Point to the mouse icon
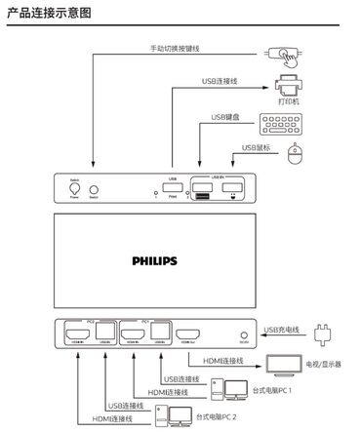(302, 157)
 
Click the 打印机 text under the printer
(288, 102)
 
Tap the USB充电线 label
(281, 329)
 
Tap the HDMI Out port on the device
(186, 337)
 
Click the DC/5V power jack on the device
(242, 336)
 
